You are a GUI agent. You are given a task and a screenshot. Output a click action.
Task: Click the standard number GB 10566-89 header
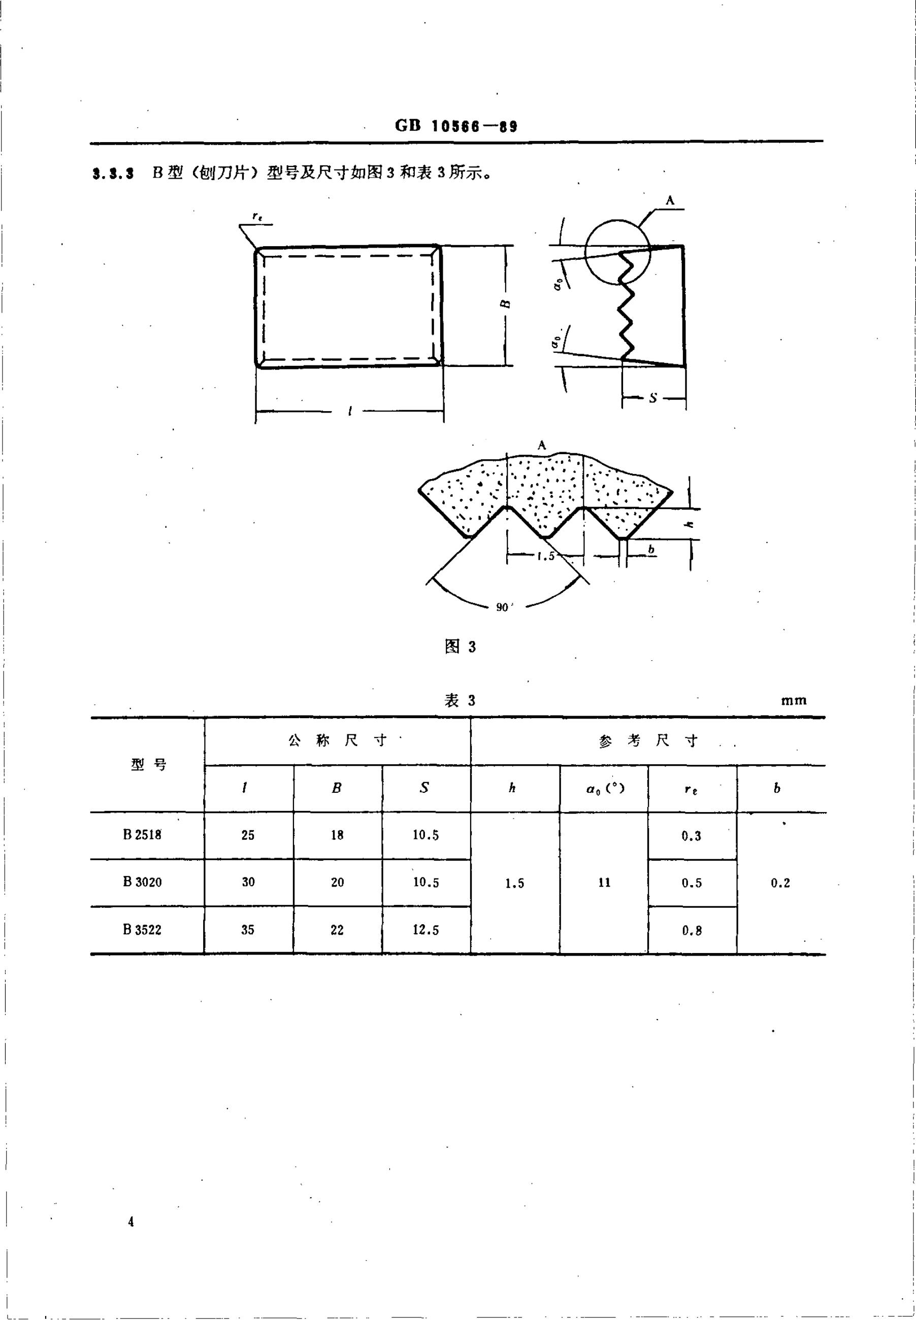[456, 126]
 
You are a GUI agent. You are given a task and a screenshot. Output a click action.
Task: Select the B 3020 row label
[142, 882]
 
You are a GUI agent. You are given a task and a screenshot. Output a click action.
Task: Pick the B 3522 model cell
[142, 929]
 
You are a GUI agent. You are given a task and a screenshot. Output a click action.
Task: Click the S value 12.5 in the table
[426, 929]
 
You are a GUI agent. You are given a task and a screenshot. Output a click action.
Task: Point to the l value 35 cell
[248, 929]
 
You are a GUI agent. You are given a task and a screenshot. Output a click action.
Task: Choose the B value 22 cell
[338, 929]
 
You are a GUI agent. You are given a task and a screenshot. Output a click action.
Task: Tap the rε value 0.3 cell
[692, 836]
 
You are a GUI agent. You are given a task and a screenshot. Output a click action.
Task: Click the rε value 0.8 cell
[692, 930]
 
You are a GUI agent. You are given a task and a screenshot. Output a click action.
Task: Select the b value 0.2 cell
[780, 883]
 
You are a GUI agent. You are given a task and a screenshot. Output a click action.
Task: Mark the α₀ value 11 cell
[604, 882]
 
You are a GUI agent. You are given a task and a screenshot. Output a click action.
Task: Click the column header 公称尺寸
[338, 740]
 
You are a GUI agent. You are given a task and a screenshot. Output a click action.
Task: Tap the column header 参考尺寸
[647, 741]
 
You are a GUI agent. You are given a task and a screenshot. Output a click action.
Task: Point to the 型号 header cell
[149, 764]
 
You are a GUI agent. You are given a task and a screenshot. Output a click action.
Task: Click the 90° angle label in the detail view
[503, 607]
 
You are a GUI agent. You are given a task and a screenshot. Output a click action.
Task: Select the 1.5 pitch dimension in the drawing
[546, 555]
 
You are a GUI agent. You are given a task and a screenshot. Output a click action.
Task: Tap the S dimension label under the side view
[653, 397]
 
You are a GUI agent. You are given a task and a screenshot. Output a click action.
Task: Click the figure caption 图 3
[461, 647]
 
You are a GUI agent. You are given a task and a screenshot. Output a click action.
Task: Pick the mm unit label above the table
[794, 700]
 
